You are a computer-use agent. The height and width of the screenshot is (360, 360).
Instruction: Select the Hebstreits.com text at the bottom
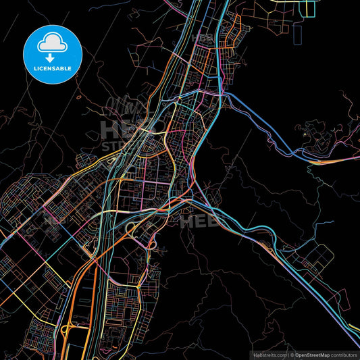pos(269,354)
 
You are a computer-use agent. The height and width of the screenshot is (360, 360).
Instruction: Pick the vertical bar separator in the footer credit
pos(288,354)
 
